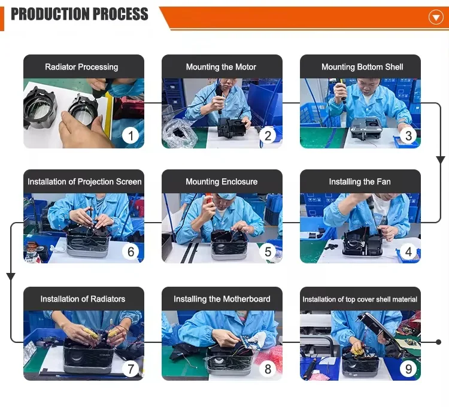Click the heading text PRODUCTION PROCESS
80,14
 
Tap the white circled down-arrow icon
436,17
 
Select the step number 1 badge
131,135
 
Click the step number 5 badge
268,251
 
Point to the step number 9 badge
408,369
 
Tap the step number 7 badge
131,369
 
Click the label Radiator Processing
81,67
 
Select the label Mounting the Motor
221,67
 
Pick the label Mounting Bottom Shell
362,67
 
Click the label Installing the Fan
360,182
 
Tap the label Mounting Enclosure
222,182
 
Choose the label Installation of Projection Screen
84,182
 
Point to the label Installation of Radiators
83,299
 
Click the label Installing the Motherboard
222,299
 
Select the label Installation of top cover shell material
360,299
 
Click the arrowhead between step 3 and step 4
441,160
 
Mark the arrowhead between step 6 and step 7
11,277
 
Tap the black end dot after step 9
438,342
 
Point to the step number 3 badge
408,135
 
